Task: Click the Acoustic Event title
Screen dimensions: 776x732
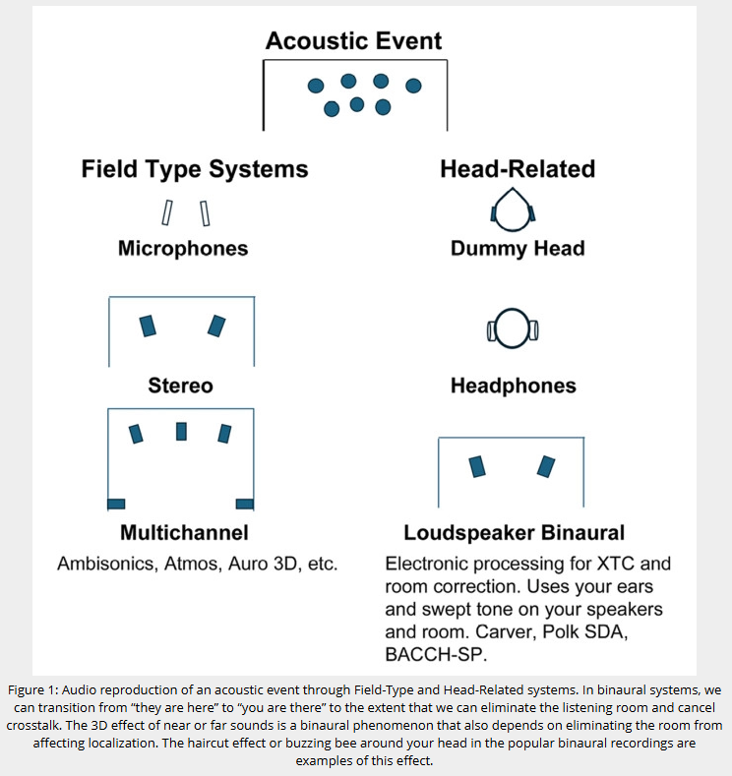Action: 353,41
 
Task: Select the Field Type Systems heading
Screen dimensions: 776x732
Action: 194,169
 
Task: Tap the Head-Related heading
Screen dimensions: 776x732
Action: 517,169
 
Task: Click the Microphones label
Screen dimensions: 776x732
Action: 183,248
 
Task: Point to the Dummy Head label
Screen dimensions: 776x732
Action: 517,248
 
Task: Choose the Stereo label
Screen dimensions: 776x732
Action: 180,385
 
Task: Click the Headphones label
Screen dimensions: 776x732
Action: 513,386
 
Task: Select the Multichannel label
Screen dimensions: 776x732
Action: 184,533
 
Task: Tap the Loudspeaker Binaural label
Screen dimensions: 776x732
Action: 514,533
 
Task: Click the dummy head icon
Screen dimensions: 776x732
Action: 512,210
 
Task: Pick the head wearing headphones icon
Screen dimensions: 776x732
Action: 512,328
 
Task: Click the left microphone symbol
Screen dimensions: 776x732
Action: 168,212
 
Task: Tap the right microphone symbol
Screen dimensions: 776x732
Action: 206,212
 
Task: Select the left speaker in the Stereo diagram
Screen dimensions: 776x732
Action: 149,325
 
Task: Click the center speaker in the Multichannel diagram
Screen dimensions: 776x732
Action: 181,431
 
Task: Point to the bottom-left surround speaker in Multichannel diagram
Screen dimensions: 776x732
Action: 116,504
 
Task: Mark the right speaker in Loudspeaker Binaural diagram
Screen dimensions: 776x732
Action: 544,465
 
